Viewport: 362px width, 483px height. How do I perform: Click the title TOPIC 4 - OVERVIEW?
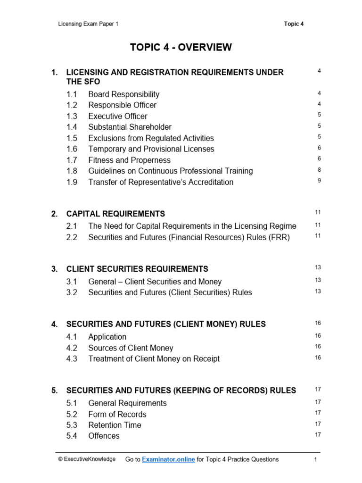click(181, 47)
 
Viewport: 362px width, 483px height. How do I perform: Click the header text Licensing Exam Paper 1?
click(88, 24)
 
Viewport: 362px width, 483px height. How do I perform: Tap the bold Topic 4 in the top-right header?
click(294, 24)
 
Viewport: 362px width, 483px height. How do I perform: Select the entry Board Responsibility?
click(123, 94)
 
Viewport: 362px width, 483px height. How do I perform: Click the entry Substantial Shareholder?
click(130, 127)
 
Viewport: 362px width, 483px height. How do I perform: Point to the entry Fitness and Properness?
click(129, 160)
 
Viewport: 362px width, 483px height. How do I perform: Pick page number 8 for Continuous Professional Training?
click(319, 170)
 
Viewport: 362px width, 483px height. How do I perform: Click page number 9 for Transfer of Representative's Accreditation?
click(319, 181)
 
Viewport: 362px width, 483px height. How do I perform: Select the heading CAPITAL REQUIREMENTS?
click(115, 214)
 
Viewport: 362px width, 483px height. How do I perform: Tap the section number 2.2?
click(72, 237)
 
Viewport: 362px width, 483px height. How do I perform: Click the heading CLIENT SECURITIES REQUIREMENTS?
click(137, 269)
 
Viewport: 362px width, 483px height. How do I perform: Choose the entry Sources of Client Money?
click(131, 348)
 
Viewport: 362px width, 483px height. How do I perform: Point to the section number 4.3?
click(72, 359)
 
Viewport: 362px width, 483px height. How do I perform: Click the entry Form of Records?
click(117, 414)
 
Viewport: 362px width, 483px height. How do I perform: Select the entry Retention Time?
click(115, 425)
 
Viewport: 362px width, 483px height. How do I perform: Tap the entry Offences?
click(104, 436)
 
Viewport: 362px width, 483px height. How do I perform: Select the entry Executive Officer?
click(117, 116)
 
